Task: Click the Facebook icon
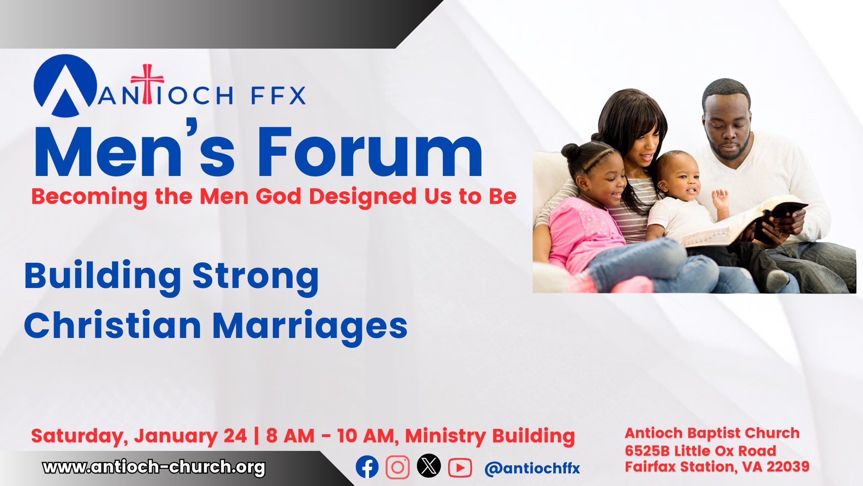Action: [x=367, y=467]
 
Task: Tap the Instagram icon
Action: [x=398, y=467]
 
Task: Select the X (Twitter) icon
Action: [x=429, y=466]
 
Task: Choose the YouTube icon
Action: [x=460, y=468]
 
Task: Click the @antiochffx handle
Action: [x=532, y=468]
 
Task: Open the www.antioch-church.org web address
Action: [x=154, y=467]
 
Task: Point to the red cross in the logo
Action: [x=147, y=84]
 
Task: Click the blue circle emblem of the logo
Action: [x=66, y=85]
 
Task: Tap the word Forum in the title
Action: [x=369, y=152]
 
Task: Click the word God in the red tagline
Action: [x=278, y=197]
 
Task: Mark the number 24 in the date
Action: [x=235, y=436]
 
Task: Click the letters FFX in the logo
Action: [x=278, y=95]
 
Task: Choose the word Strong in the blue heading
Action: [x=255, y=276]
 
